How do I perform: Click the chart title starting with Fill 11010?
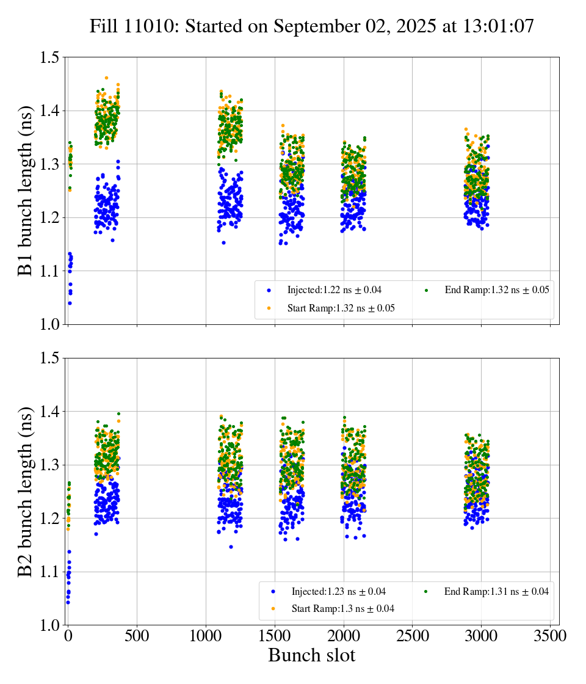[x=311, y=26]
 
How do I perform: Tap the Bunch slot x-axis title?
[x=311, y=655]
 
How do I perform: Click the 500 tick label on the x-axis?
[x=137, y=636]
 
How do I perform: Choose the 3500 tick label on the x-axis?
[x=550, y=636]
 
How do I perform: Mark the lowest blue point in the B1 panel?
[x=70, y=303]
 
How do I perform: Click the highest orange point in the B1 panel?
[x=106, y=78]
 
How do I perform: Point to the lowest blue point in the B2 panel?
[x=68, y=602]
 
